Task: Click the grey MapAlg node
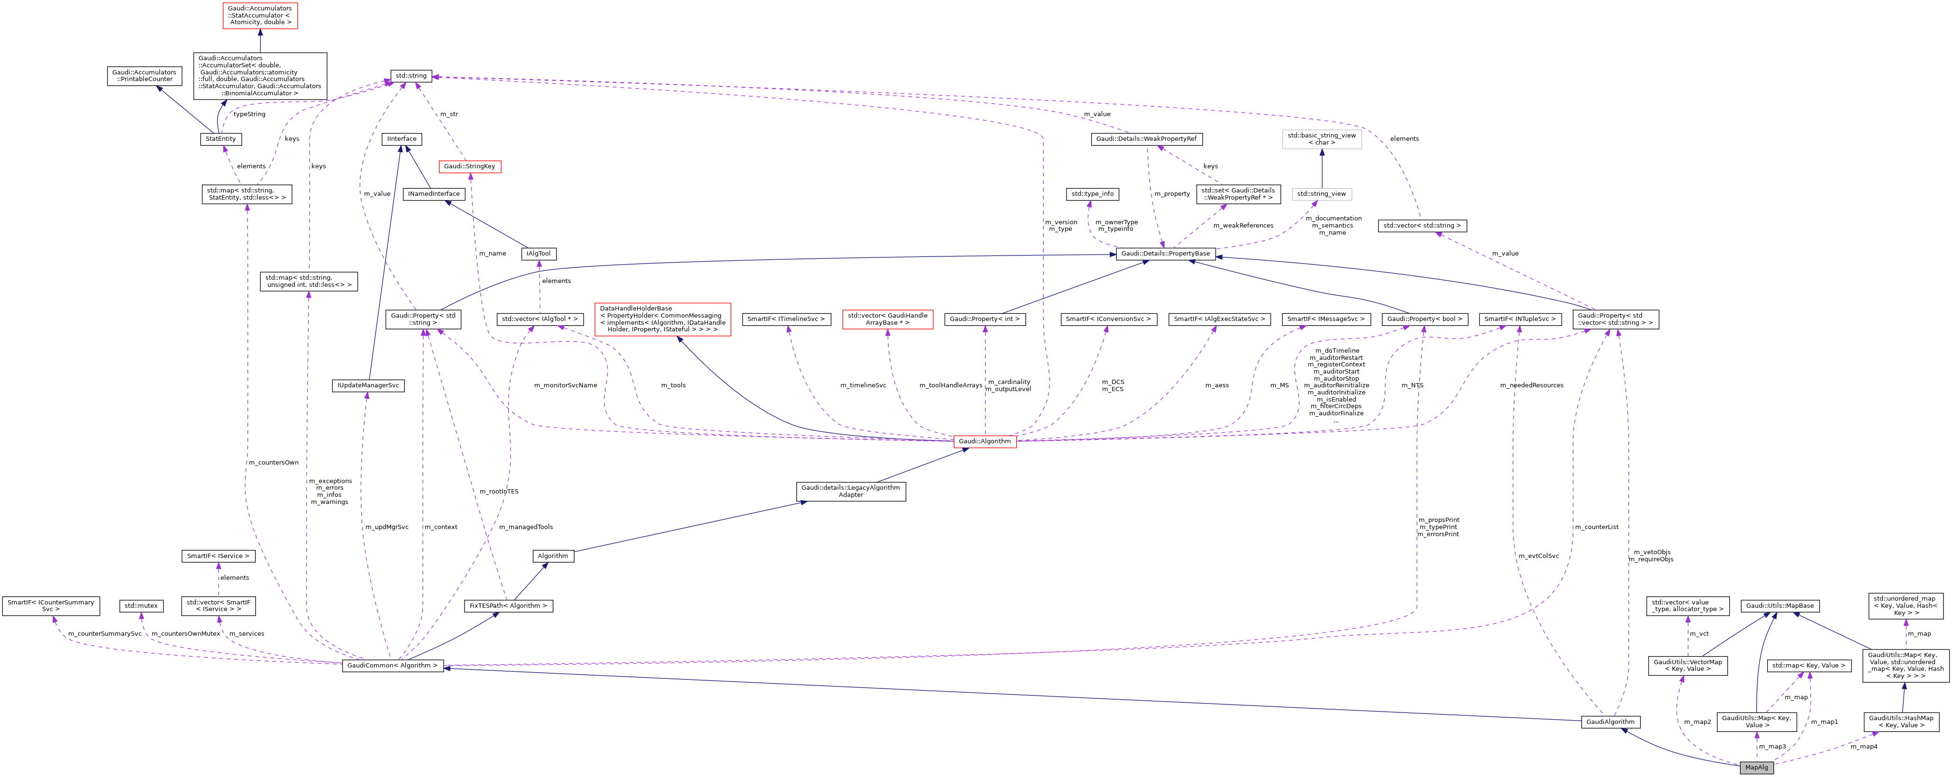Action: click(1756, 767)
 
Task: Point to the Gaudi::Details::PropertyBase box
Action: click(1166, 253)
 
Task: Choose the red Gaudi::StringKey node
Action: click(470, 166)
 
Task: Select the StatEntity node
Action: click(220, 139)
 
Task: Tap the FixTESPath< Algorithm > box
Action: click(508, 606)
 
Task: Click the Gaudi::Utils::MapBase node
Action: click(1779, 606)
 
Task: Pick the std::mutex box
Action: click(141, 606)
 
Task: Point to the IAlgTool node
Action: click(539, 253)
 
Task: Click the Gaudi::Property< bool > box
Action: click(1424, 319)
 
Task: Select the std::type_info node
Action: click(1092, 194)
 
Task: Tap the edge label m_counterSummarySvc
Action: click(105, 634)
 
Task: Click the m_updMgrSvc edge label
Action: click(386, 527)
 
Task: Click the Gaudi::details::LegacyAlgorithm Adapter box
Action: click(850, 491)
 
